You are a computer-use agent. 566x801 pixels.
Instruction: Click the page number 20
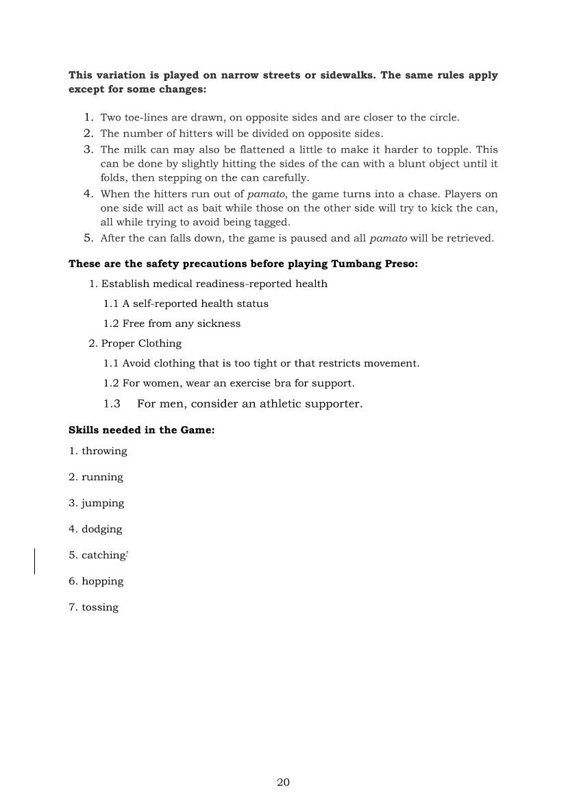click(283, 782)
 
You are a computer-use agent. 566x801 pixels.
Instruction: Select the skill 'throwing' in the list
click(104, 451)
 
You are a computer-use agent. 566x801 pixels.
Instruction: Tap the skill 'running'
click(102, 477)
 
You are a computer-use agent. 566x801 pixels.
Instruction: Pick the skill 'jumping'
click(103, 503)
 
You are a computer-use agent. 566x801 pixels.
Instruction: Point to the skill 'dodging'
click(101, 529)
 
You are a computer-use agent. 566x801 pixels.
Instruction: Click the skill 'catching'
click(103, 555)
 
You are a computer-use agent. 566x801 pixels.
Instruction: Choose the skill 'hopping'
click(102, 581)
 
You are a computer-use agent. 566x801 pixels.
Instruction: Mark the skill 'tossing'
click(99, 607)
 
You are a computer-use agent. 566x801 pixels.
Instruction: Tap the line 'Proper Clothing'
click(141, 343)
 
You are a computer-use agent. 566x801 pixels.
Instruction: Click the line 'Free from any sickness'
click(182, 323)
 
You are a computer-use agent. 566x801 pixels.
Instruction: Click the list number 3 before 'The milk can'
click(89, 149)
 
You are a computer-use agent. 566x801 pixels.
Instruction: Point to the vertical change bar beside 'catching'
click(35, 560)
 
